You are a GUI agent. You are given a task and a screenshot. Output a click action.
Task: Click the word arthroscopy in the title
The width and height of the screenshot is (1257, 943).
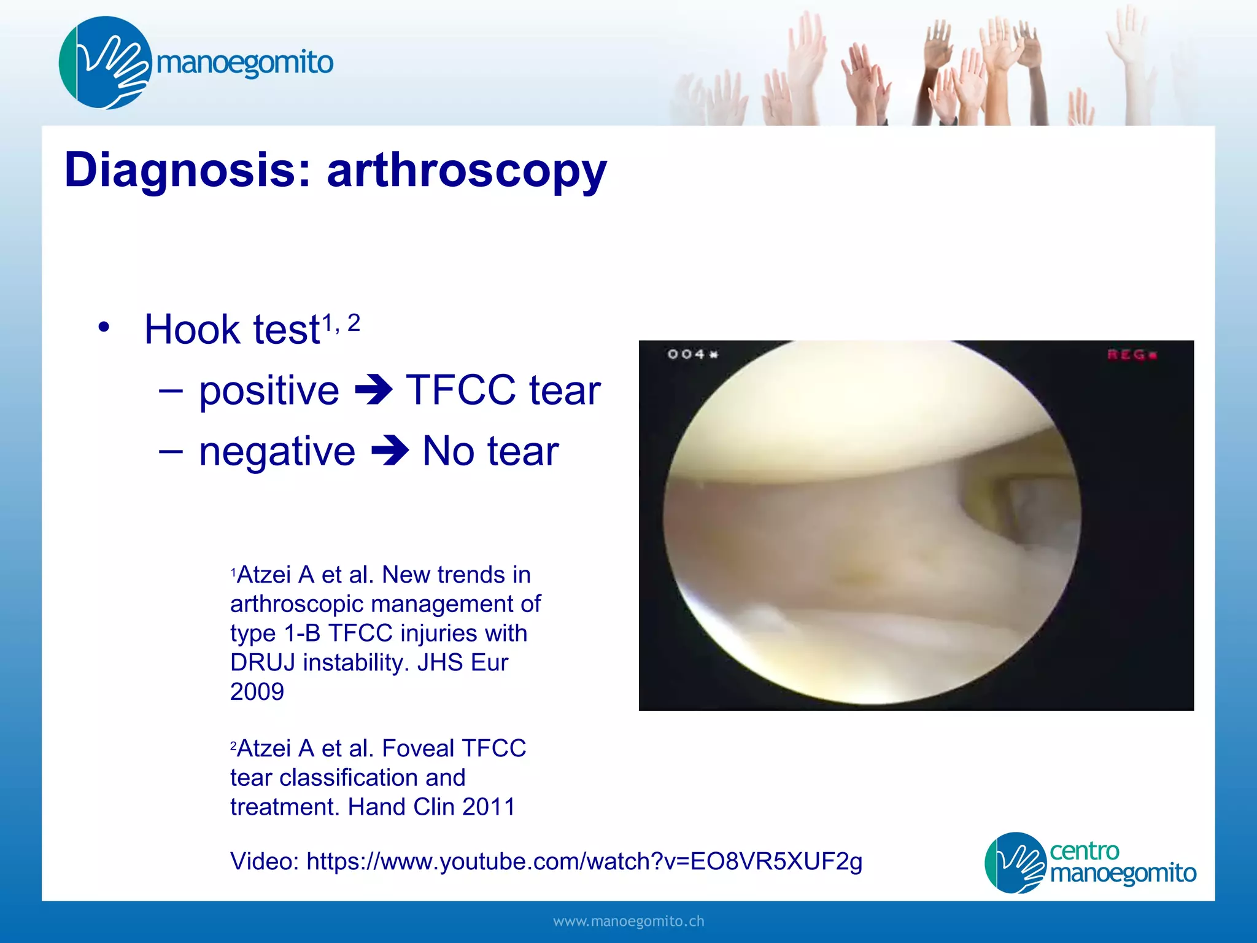pos(466,171)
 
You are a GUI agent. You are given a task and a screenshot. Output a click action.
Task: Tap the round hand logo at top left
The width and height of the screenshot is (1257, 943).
pos(105,63)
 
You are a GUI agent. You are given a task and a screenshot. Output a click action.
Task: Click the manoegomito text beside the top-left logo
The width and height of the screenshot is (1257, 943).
pos(244,63)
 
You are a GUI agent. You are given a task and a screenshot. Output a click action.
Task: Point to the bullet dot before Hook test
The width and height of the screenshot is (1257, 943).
pos(104,327)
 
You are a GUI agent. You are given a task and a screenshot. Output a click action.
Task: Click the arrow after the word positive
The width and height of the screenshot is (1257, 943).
pos(373,390)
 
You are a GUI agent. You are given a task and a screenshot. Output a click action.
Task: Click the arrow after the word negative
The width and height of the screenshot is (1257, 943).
pos(390,451)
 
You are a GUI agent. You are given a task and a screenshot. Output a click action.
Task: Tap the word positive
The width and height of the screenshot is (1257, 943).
pos(269,391)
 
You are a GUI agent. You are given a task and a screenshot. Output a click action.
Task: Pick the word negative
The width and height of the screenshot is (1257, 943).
pos(277,452)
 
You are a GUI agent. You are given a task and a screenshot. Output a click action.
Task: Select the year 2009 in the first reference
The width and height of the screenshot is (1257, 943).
pos(257,692)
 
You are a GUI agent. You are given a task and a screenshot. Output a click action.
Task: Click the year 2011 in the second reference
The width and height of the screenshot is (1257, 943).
pos(489,807)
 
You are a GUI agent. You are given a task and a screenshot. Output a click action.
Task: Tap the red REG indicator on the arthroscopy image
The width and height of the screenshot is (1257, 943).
pos(1131,354)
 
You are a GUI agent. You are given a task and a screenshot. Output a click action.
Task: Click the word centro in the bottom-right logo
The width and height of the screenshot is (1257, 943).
pos(1085,851)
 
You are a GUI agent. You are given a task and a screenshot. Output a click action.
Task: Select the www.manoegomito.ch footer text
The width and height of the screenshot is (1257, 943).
pos(628,922)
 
